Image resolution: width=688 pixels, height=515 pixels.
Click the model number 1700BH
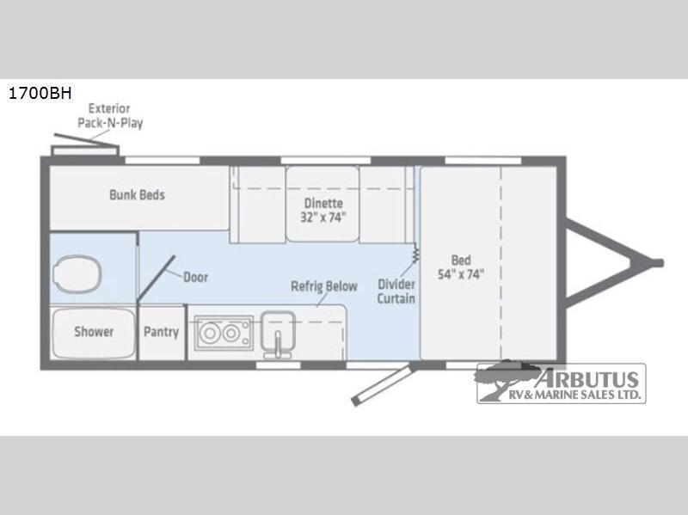(x=40, y=94)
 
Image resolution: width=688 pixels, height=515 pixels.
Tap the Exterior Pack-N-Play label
(x=110, y=116)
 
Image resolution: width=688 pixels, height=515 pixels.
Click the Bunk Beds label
(x=137, y=195)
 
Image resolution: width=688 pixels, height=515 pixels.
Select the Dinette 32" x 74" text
(x=323, y=210)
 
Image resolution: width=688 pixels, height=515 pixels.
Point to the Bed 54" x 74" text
(x=461, y=267)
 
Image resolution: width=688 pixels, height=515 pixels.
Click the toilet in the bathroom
(x=77, y=274)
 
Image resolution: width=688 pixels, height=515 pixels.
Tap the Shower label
(x=94, y=332)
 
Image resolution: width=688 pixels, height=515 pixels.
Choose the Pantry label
(x=161, y=332)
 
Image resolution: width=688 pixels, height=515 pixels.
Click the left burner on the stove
(x=210, y=334)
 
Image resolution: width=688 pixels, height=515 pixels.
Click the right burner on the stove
(x=231, y=334)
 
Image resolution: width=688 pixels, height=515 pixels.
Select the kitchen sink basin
(x=278, y=329)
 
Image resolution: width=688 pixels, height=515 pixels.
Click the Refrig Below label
(x=324, y=286)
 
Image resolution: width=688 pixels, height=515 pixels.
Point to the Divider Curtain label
(x=396, y=291)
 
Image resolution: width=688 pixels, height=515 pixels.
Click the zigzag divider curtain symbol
(x=415, y=253)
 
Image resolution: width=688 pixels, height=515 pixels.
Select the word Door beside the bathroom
(x=195, y=277)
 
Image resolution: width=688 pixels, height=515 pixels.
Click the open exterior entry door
(x=384, y=384)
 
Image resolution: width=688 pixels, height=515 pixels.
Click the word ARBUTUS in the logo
(x=587, y=379)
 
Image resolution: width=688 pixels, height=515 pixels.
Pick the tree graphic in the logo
(x=505, y=379)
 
